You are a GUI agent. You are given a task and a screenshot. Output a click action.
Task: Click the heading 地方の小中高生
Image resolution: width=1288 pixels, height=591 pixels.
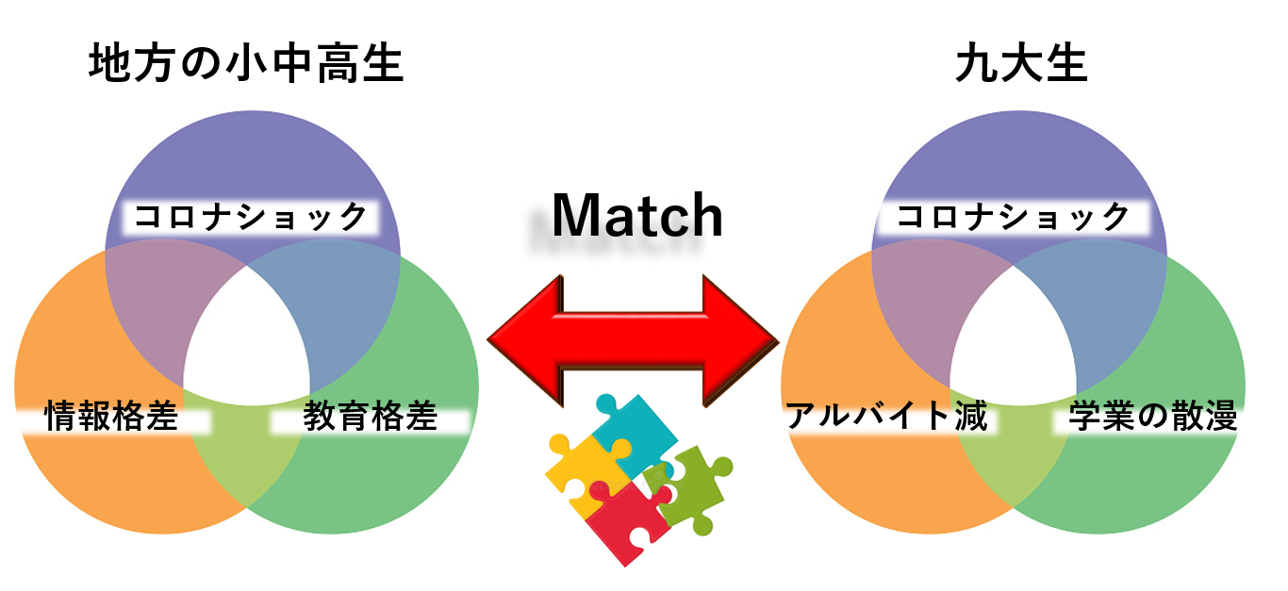pyautogui.click(x=246, y=65)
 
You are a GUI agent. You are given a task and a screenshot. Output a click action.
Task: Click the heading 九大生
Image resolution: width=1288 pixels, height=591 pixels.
pyautogui.click(x=1021, y=65)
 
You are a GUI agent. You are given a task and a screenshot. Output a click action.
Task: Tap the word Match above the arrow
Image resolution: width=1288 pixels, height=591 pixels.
pyautogui.click(x=636, y=216)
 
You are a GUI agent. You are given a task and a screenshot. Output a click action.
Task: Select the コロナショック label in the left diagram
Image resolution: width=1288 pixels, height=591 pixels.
pyautogui.click(x=250, y=218)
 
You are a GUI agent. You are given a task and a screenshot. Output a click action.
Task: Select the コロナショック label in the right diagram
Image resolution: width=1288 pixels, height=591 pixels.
pyautogui.click(x=1012, y=218)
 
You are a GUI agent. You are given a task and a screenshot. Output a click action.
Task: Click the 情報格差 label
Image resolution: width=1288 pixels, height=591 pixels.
pyautogui.click(x=112, y=418)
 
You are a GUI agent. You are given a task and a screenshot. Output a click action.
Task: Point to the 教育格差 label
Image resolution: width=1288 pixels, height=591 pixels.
pyautogui.click(x=370, y=418)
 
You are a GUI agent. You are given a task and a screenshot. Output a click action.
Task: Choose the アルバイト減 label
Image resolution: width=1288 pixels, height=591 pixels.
pyautogui.click(x=886, y=416)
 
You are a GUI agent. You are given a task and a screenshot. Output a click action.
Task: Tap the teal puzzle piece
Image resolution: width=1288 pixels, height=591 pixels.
pyautogui.click(x=635, y=433)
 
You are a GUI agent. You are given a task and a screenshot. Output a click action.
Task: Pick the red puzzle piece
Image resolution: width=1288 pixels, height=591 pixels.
pyautogui.click(x=623, y=522)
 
